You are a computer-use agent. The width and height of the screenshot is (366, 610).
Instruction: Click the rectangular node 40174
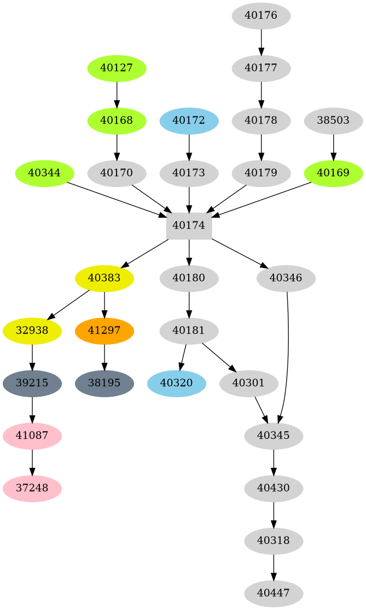tap(189, 225)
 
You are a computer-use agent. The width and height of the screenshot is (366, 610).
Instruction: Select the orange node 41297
tap(104, 331)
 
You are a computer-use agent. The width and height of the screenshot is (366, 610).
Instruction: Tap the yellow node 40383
tap(104, 278)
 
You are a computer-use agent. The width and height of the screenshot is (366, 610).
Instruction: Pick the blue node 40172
tap(189, 120)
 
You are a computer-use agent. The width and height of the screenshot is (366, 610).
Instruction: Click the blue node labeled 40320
tap(177, 384)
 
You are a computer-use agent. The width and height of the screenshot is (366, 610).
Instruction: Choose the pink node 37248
tap(32, 487)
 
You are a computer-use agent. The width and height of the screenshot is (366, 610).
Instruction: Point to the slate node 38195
tap(104, 384)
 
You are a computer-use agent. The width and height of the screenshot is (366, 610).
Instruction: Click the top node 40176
tap(261, 15)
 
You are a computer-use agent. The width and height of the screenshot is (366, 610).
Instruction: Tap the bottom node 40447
tap(274, 594)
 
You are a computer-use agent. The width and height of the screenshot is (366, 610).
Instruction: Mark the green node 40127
tap(117, 68)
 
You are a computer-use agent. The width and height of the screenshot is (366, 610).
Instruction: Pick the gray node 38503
tap(333, 120)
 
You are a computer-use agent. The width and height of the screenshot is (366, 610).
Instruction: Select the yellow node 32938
tap(32, 331)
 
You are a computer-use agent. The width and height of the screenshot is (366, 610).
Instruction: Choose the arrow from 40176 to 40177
tap(261, 42)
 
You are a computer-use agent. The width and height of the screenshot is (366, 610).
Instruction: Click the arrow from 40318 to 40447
tap(274, 567)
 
